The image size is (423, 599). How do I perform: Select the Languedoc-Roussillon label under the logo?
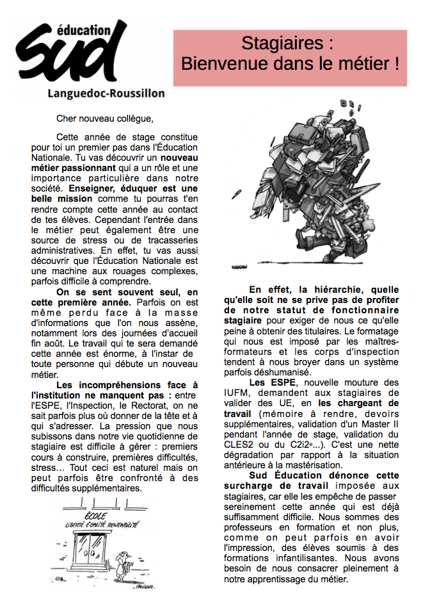(x=106, y=93)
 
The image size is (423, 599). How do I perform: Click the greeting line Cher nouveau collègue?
(x=105, y=119)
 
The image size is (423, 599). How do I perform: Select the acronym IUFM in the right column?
(x=235, y=393)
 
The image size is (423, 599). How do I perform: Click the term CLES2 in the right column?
(x=238, y=445)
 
